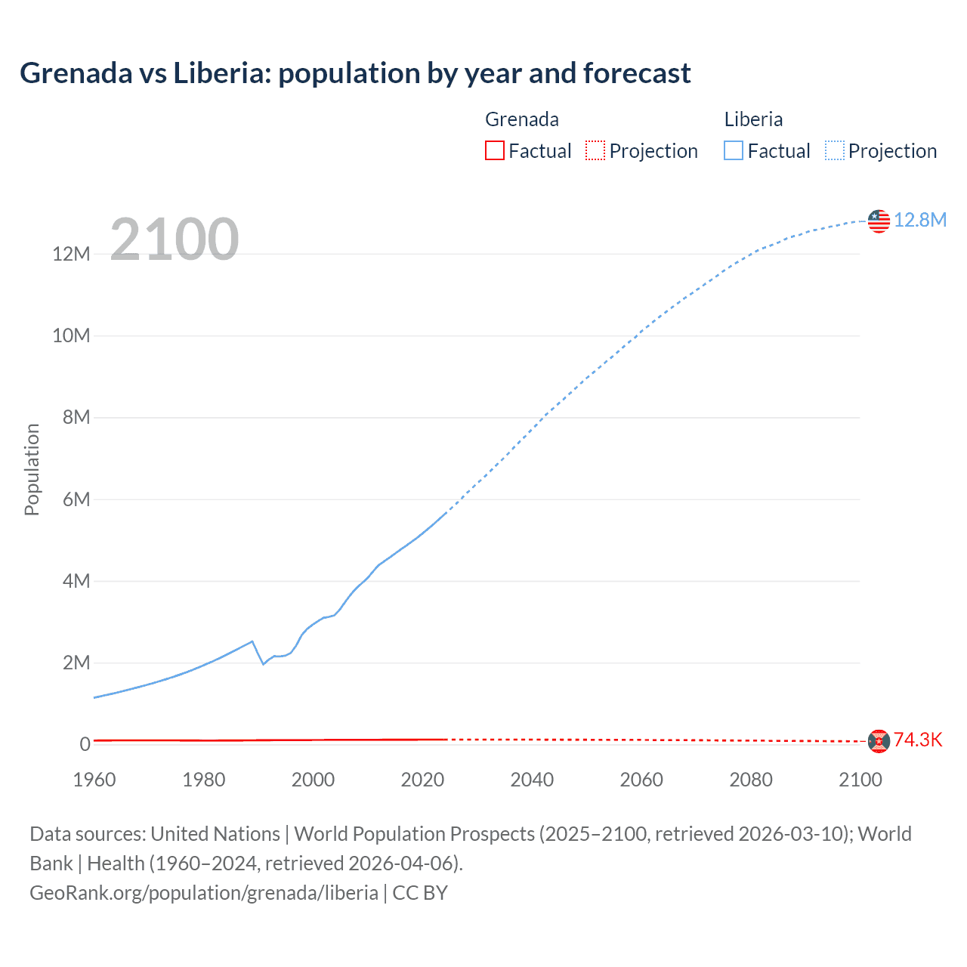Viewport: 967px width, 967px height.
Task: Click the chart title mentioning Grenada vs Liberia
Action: (x=355, y=73)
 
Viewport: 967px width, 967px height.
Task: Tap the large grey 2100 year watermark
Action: (x=175, y=239)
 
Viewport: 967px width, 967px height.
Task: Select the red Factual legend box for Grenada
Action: (x=494, y=150)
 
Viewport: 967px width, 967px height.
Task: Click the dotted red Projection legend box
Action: (x=595, y=150)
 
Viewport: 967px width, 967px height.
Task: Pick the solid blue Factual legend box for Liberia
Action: (x=734, y=150)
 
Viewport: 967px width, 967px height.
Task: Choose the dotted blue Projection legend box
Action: (x=835, y=150)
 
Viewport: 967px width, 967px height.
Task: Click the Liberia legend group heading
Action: (x=753, y=119)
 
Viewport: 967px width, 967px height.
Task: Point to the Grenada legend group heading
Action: (x=521, y=119)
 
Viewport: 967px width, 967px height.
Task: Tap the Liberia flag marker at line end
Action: (x=879, y=221)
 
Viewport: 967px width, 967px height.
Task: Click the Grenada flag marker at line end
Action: (x=879, y=741)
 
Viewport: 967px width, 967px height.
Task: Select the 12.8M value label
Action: (x=919, y=220)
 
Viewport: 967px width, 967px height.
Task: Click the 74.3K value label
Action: (x=918, y=740)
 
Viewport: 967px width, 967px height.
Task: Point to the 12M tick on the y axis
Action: (x=71, y=254)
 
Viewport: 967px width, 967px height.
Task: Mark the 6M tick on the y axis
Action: (x=76, y=499)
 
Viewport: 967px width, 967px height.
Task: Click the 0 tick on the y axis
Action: (x=85, y=744)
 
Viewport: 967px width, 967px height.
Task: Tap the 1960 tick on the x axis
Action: (x=94, y=780)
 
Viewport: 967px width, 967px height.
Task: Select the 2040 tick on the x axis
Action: (x=532, y=780)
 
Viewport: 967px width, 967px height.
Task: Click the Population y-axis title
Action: (x=32, y=469)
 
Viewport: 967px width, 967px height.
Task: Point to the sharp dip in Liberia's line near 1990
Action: (x=263, y=663)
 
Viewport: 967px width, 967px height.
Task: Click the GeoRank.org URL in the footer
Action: (x=204, y=893)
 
